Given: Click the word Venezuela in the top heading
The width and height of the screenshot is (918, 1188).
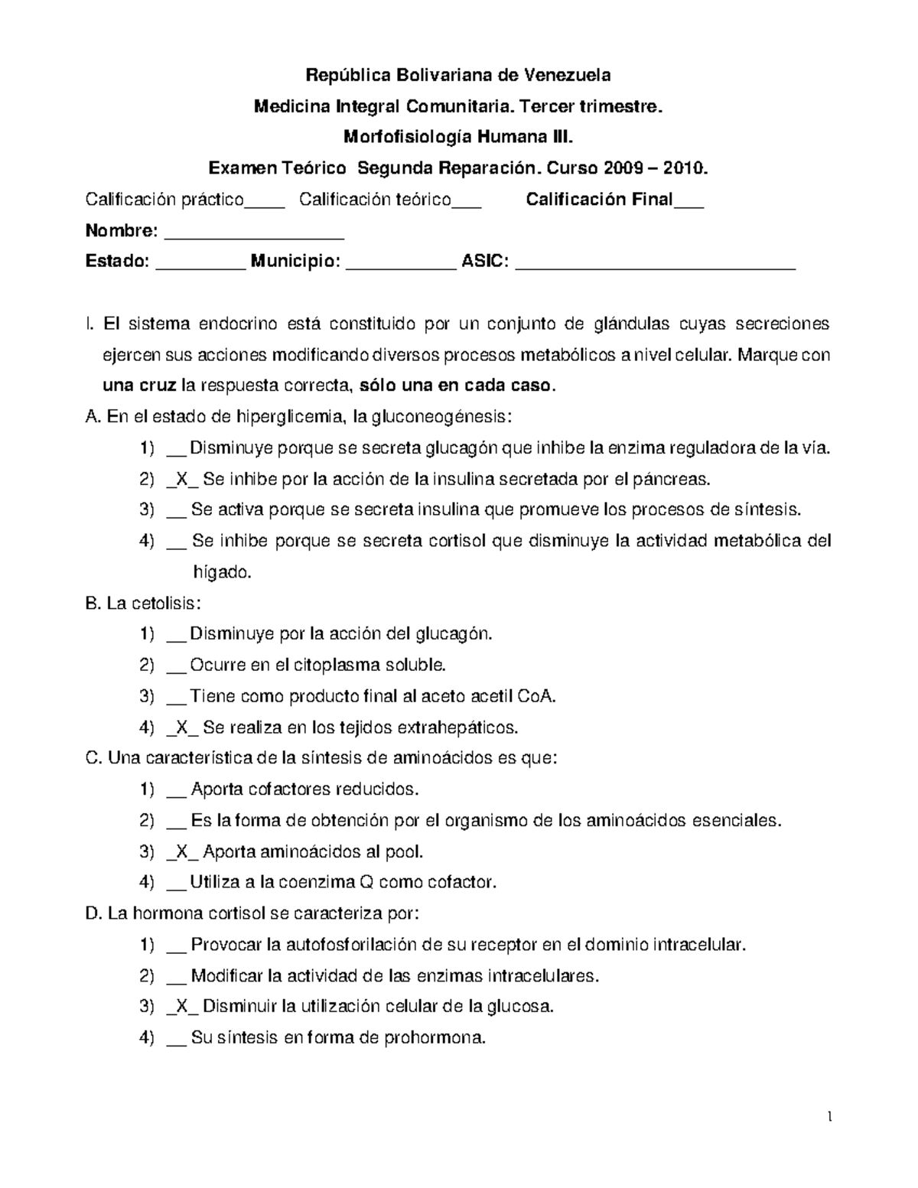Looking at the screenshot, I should pyautogui.click(x=567, y=75).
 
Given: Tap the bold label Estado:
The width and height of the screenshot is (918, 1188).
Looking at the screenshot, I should pyautogui.click(x=117, y=262).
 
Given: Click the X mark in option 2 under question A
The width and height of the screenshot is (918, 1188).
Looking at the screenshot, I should pyautogui.click(x=181, y=480).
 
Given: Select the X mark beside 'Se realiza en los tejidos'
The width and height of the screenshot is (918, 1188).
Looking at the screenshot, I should pyautogui.click(x=181, y=727).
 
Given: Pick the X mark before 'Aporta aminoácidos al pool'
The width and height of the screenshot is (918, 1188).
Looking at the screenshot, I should pyautogui.click(x=181, y=851).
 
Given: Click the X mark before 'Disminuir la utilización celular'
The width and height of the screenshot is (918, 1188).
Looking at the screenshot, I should pyautogui.click(x=181, y=1007).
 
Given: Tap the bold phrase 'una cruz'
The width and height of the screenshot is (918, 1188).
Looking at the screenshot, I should pyautogui.click(x=138, y=386).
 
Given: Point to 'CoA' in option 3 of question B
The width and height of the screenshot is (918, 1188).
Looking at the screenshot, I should pyautogui.click(x=535, y=696).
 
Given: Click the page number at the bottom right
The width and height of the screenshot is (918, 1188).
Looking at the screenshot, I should pyautogui.click(x=829, y=1118).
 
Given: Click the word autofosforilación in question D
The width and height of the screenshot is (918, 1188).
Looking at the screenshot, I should pyautogui.click(x=353, y=945).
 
